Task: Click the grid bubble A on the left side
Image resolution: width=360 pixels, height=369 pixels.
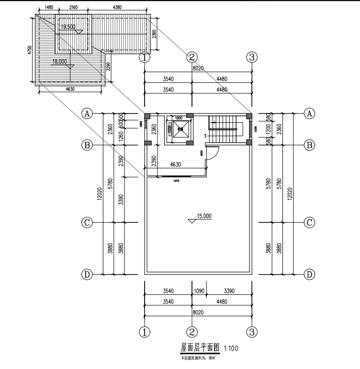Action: pyautogui.click(x=87, y=114)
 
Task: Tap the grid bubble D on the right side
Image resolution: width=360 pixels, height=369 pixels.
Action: pyautogui.click(x=310, y=274)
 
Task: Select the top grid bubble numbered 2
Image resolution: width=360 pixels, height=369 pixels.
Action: pyautogui.click(x=191, y=58)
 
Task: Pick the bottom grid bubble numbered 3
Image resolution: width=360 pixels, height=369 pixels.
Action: pyautogui.click(x=252, y=332)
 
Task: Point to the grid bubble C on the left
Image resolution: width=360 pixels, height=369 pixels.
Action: pyautogui.click(x=87, y=223)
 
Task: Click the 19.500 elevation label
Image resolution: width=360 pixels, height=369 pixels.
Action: pyautogui.click(x=68, y=27)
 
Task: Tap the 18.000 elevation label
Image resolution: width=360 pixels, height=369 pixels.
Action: pyautogui.click(x=59, y=61)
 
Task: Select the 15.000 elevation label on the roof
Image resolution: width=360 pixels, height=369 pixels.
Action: pyautogui.click(x=203, y=216)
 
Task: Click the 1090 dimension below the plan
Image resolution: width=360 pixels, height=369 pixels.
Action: pyautogui.click(x=199, y=291)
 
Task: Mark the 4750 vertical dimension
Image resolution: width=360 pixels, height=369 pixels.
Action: pyautogui.click(x=29, y=50)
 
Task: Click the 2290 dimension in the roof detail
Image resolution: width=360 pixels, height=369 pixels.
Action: pyautogui.click(x=109, y=66)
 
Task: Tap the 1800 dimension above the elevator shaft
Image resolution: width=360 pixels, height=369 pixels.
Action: pyautogui.click(x=179, y=118)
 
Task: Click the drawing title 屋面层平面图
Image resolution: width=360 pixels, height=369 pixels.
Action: pyautogui.click(x=200, y=347)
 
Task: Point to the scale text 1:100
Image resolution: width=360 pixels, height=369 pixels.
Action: pyautogui.click(x=232, y=349)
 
